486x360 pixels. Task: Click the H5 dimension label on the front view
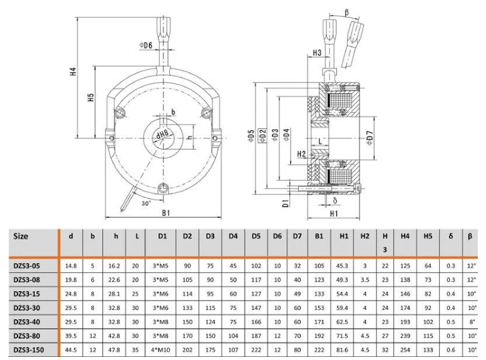[91, 98]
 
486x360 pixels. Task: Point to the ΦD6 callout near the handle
[145, 46]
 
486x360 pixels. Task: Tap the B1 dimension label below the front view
[167, 213]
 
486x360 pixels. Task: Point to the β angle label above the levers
[347, 12]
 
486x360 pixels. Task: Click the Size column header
[21, 237]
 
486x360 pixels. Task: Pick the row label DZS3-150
[29, 350]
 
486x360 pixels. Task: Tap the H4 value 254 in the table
[406, 350]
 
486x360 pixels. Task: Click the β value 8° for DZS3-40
[470, 322]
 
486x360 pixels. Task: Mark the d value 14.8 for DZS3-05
[71, 265]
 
